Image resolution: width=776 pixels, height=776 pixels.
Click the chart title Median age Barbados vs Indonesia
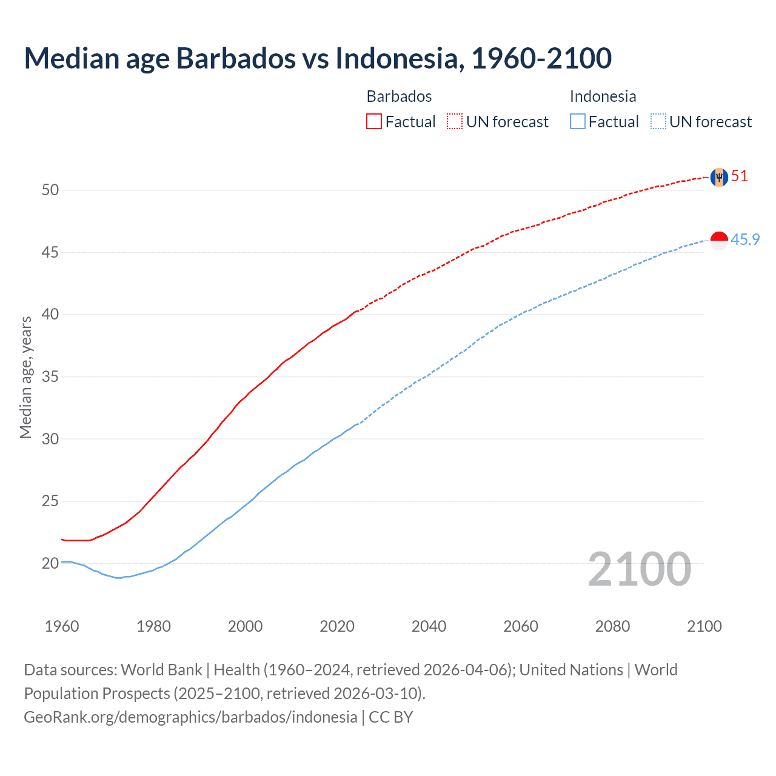(x=318, y=58)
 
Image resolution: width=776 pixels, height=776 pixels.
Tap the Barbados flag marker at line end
(x=719, y=177)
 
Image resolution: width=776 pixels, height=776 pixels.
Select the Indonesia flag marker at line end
(x=719, y=241)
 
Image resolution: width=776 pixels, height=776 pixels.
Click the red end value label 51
(x=740, y=176)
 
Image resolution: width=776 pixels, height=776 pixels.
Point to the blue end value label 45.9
(x=745, y=240)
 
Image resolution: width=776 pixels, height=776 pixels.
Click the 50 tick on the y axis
(x=50, y=190)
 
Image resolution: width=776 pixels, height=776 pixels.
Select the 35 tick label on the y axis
(x=50, y=377)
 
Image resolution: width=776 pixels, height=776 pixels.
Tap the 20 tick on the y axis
(x=50, y=564)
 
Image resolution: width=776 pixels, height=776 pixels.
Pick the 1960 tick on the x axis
(x=62, y=626)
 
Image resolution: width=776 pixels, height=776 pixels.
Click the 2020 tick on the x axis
(x=337, y=626)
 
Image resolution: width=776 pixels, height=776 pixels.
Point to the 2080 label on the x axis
(x=612, y=626)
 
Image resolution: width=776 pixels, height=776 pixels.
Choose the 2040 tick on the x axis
(x=429, y=626)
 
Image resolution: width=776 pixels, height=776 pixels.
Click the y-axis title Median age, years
(x=25, y=377)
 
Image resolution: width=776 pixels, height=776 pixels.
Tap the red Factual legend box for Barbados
(x=374, y=122)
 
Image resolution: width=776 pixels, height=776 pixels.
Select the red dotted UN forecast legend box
(x=455, y=122)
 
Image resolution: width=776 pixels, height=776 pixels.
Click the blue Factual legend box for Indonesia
(x=578, y=122)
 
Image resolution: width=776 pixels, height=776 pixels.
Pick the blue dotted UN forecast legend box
(x=658, y=122)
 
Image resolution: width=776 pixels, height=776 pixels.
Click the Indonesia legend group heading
(x=603, y=96)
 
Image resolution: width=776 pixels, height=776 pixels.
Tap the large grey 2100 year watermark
(x=639, y=569)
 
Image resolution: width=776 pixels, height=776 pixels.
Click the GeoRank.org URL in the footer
(x=190, y=717)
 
